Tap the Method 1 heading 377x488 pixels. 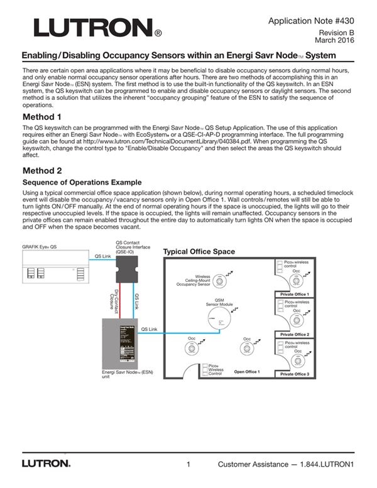[x=42, y=117]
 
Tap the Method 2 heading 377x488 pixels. [x=42, y=170]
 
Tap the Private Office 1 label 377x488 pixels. [x=294, y=294]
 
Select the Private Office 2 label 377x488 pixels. [x=294, y=334]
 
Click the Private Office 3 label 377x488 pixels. [x=294, y=374]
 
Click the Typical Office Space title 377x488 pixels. [x=199, y=252]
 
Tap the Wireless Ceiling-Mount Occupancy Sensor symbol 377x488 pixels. [x=219, y=280]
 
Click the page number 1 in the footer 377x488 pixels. [x=188, y=465]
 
